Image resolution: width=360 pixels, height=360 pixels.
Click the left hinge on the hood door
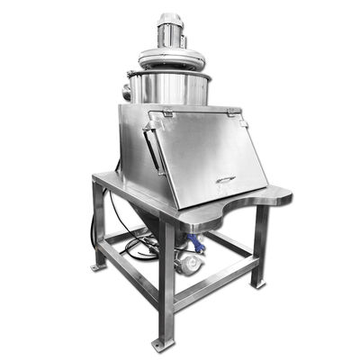[x=167, y=113]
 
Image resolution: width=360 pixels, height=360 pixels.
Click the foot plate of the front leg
[x=160, y=344]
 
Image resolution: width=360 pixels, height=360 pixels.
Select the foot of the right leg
[x=260, y=284]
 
